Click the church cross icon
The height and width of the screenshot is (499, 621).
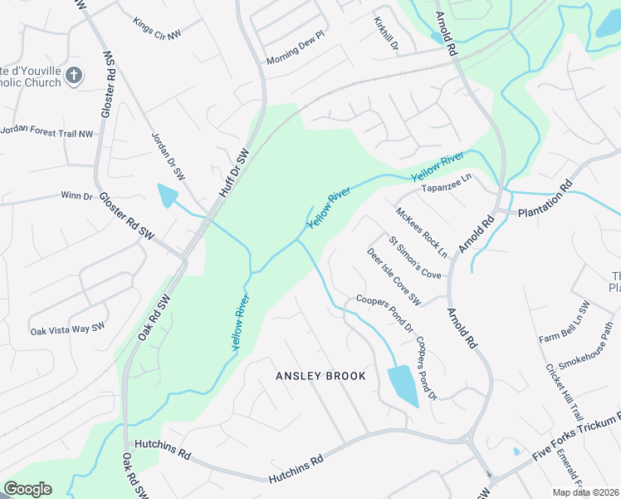click(x=74, y=76)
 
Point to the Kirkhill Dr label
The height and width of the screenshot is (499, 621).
click(x=386, y=35)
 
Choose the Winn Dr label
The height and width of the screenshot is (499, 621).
click(x=76, y=195)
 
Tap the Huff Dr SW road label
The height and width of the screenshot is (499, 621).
click(x=233, y=174)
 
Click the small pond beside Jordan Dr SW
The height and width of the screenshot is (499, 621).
click(x=167, y=196)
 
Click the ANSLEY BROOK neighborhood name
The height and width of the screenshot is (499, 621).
click(x=320, y=376)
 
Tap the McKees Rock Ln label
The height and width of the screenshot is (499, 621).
click(x=422, y=231)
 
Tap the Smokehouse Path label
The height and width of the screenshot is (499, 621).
click(x=584, y=352)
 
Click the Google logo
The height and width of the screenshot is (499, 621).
click(x=27, y=489)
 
